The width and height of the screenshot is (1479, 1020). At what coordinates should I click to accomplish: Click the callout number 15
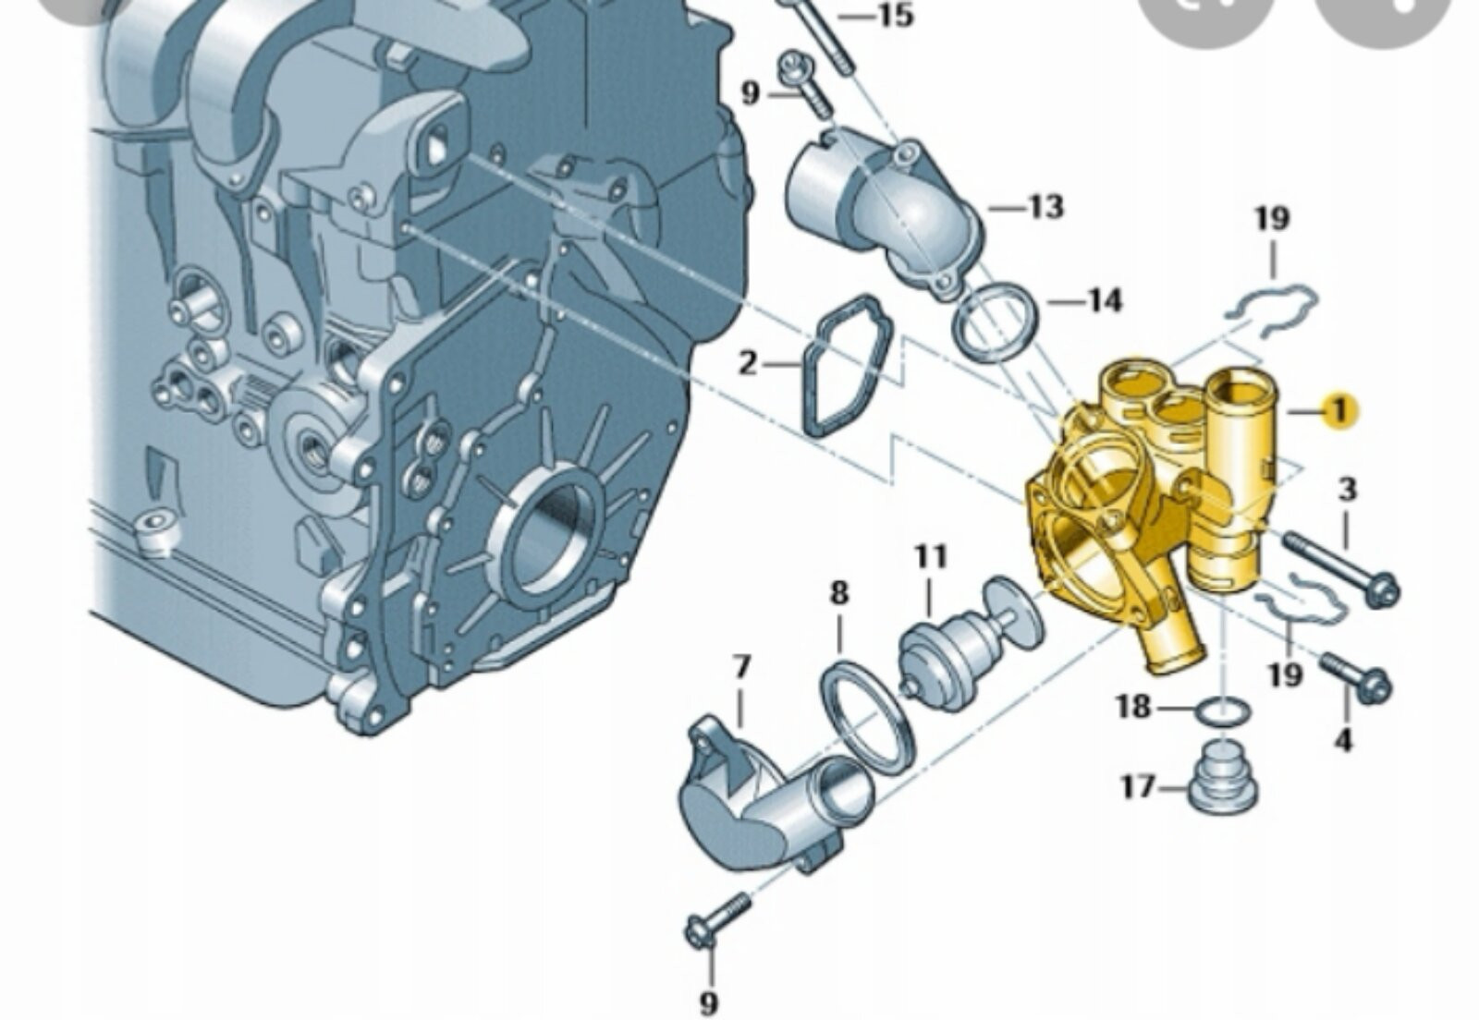(896, 15)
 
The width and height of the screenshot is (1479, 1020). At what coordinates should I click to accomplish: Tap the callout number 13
(1045, 207)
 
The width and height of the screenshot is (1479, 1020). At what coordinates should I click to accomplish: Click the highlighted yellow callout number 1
(1339, 411)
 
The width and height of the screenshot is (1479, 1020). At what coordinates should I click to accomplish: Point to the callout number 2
(747, 363)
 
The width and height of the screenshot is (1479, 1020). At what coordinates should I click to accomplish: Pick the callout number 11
(931, 556)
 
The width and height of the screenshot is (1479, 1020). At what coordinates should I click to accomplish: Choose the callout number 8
(838, 592)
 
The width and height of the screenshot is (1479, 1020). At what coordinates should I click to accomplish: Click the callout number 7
(742, 666)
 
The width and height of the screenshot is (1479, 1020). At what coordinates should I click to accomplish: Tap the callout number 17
(1139, 786)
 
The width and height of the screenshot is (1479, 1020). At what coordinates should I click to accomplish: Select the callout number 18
(1133, 708)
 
